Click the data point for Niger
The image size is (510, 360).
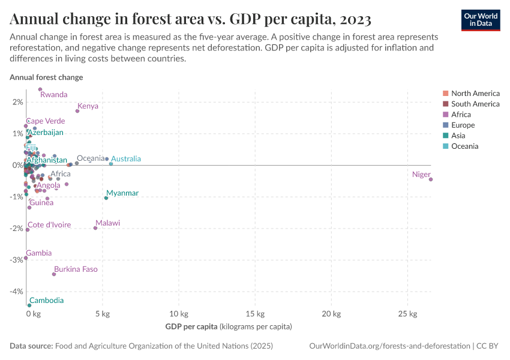click(431, 179)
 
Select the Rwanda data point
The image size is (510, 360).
click(40, 89)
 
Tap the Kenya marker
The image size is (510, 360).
click(77, 111)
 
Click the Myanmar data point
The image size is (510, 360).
click(106, 198)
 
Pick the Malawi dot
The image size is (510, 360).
click(95, 228)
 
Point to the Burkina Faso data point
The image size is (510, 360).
click(54, 274)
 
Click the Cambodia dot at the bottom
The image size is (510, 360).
click(29, 305)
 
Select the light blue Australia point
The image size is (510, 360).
click(111, 164)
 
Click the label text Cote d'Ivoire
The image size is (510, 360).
click(49, 225)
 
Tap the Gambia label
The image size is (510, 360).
click(39, 253)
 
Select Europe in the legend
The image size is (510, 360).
click(463, 125)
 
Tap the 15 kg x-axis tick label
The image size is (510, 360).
click(255, 314)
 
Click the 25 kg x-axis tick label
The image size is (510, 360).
click(408, 314)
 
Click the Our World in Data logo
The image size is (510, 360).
click(481, 19)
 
